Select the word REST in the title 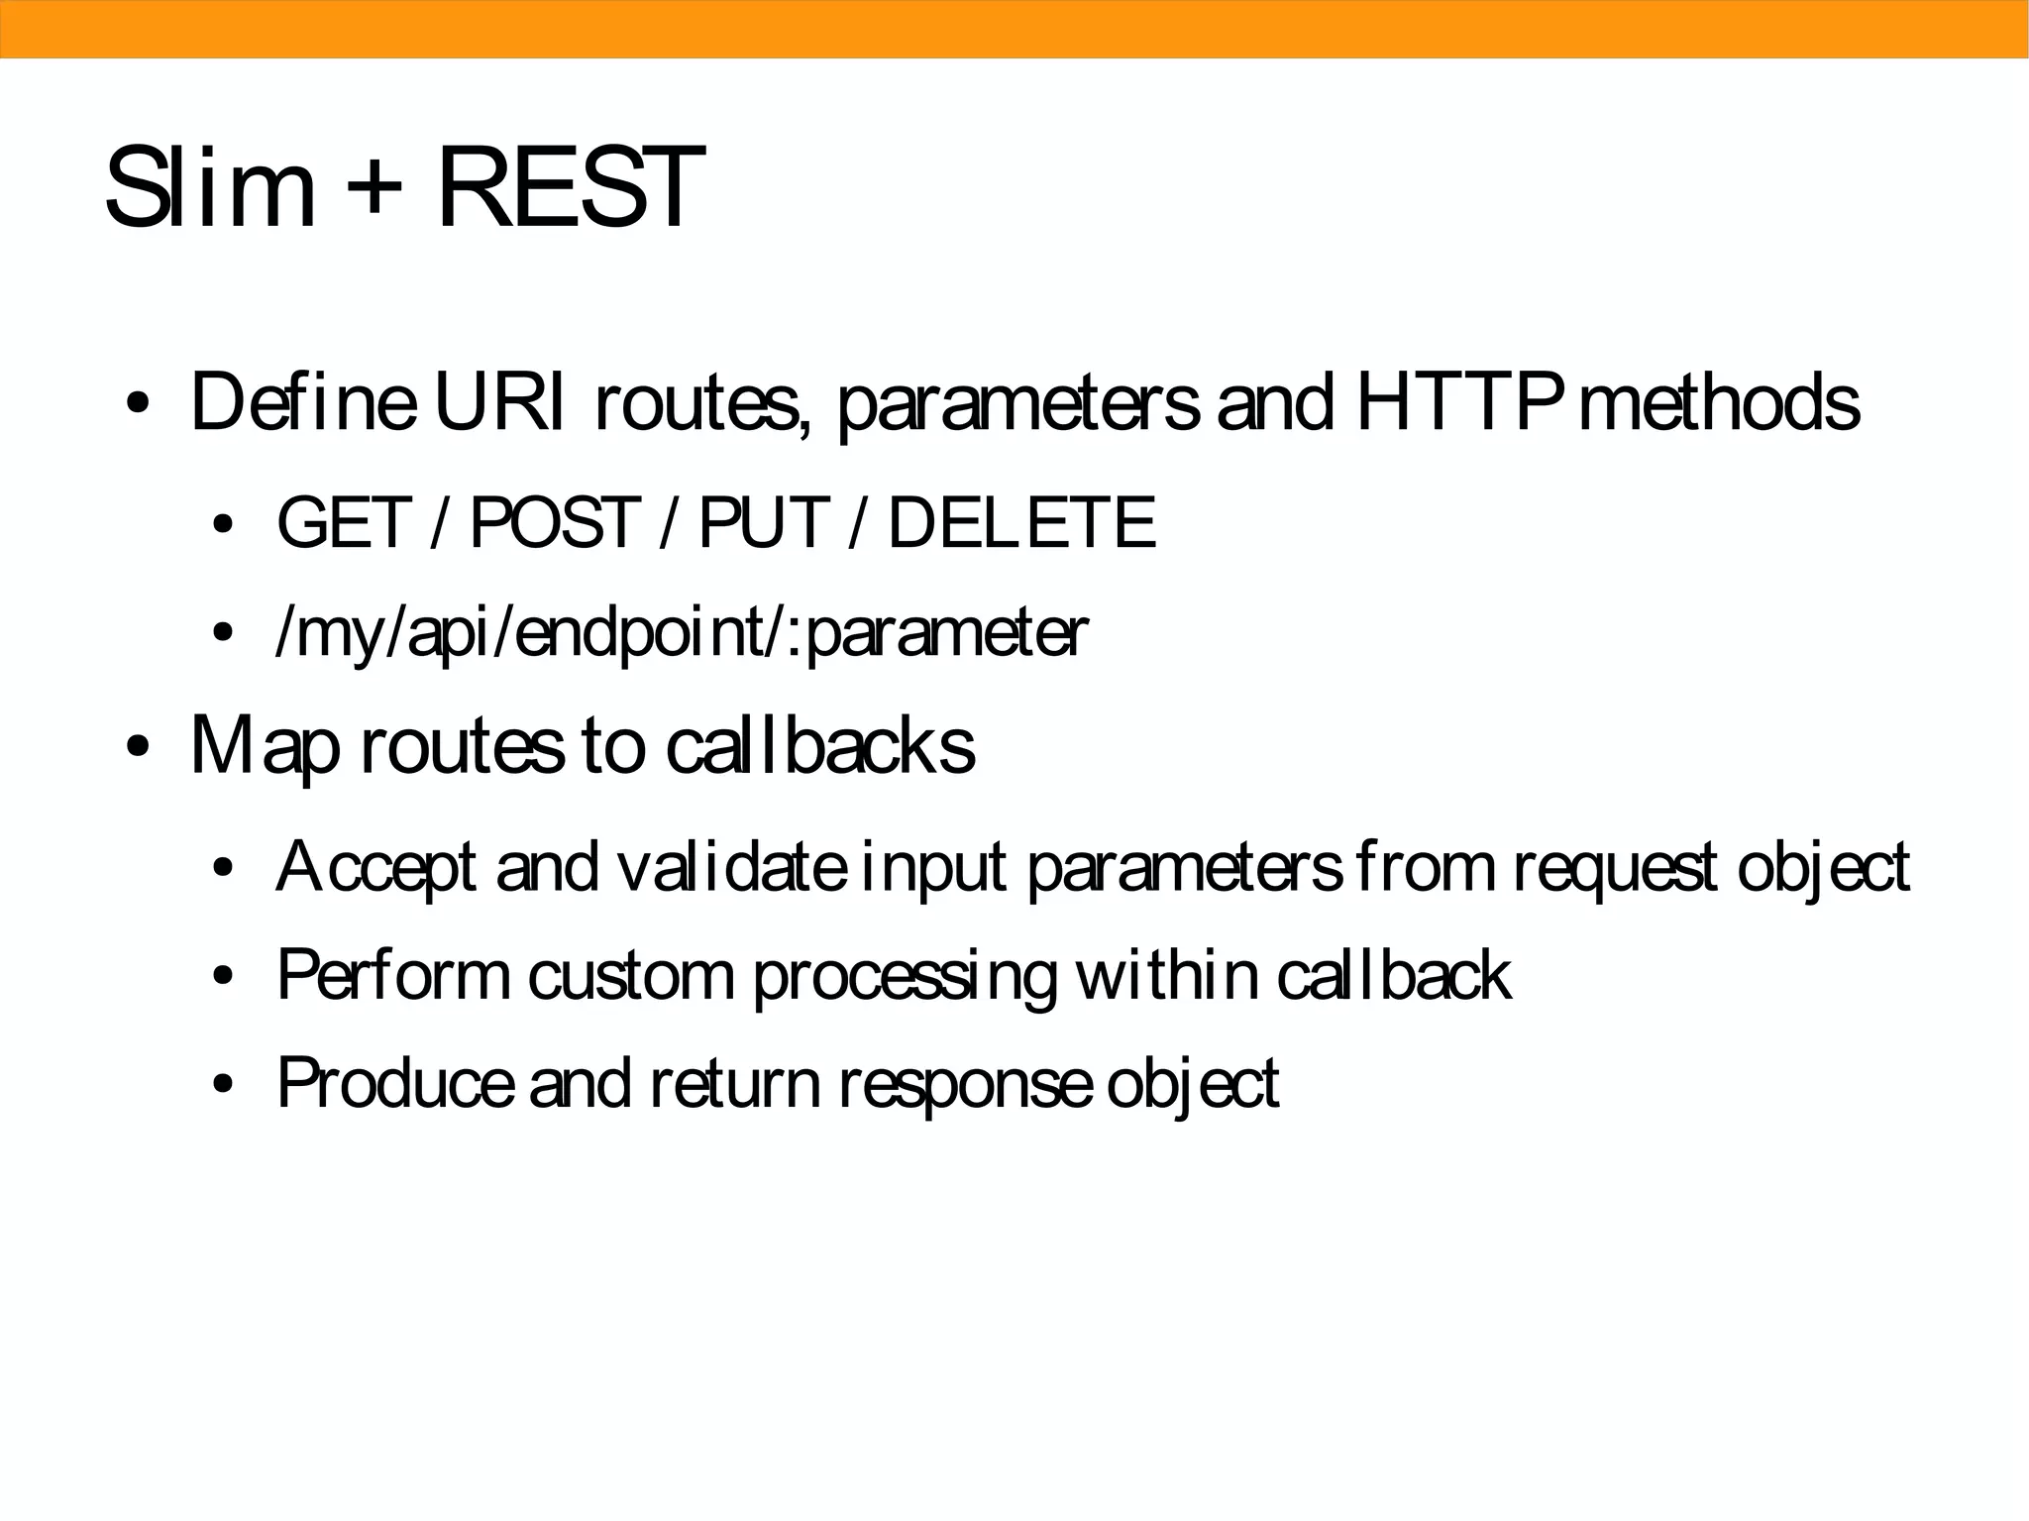click(570, 186)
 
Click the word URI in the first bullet click(498, 402)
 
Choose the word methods click(1720, 402)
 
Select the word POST click(553, 522)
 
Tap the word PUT click(761, 522)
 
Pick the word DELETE click(1021, 522)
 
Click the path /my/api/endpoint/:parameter click(682, 634)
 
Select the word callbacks click(819, 745)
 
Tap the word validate click(731, 867)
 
